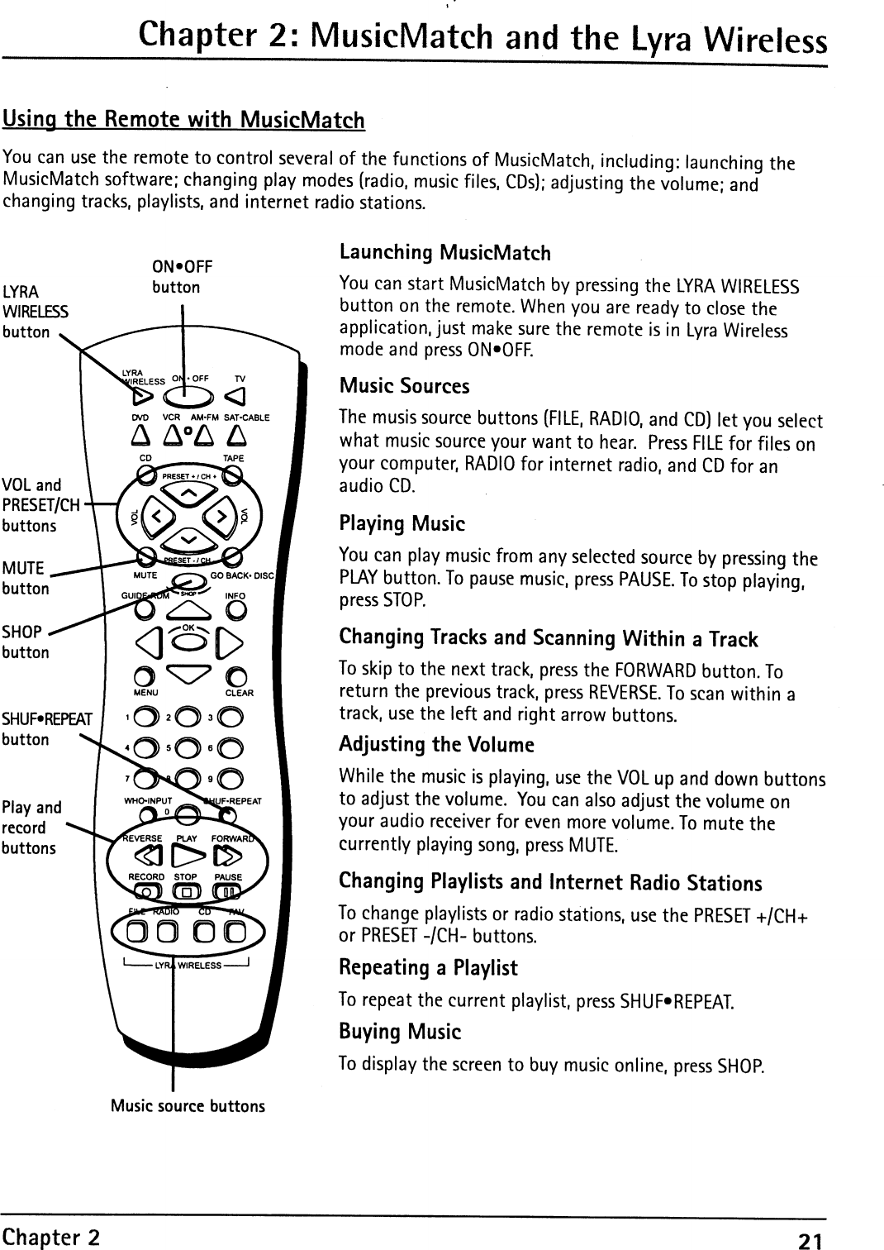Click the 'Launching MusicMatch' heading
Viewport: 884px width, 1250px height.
444,252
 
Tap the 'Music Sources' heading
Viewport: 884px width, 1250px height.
404,386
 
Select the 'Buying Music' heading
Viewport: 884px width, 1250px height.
400,1032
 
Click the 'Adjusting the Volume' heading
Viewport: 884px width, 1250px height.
436,745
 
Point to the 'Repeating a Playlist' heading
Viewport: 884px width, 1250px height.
428,967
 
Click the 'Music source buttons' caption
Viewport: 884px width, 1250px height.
188,1106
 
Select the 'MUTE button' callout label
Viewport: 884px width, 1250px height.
26,578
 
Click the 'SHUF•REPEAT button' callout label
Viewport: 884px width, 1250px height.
48,728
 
